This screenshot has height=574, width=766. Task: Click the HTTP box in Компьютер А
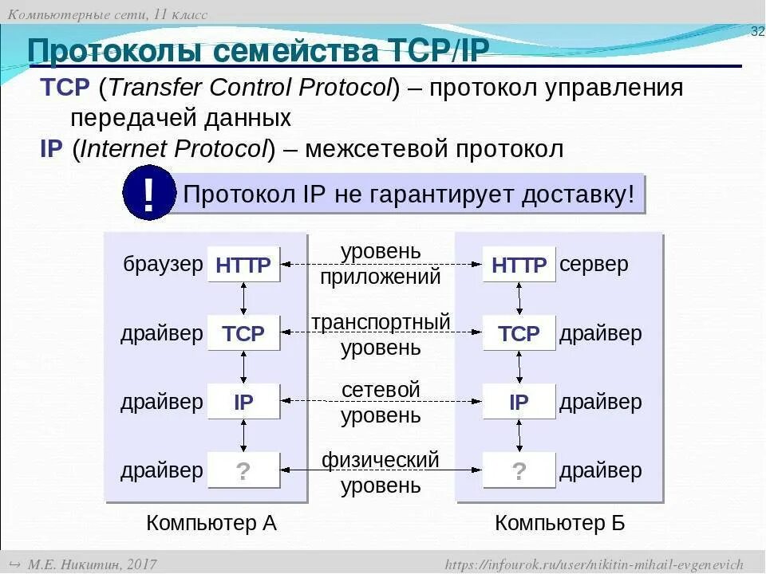[243, 265]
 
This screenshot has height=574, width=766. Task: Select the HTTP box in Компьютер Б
[519, 265]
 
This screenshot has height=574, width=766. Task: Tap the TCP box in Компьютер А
[243, 333]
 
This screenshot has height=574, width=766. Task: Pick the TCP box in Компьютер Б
[519, 333]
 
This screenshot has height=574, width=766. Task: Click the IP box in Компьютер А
[243, 402]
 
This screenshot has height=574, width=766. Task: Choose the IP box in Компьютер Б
[519, 402]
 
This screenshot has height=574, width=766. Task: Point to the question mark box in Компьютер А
[243, 470]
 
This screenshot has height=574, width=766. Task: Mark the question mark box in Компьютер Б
[519, 470]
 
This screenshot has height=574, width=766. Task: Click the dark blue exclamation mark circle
[148, 193]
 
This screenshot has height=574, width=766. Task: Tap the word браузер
[163, 265]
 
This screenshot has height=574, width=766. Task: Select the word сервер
[594, 265]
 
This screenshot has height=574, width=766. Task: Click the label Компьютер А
[211, 523]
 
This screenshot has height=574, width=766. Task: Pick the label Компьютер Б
[560, 523]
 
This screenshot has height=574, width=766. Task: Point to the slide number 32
[757, 30]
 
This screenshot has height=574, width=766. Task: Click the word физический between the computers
[381, 459]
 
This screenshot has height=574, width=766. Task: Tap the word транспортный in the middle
[381, 322]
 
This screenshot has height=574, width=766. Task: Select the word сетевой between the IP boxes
[381, 391]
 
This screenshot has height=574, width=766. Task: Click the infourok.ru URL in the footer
[594, 564]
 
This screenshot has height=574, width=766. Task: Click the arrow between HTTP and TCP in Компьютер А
[243, 298]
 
